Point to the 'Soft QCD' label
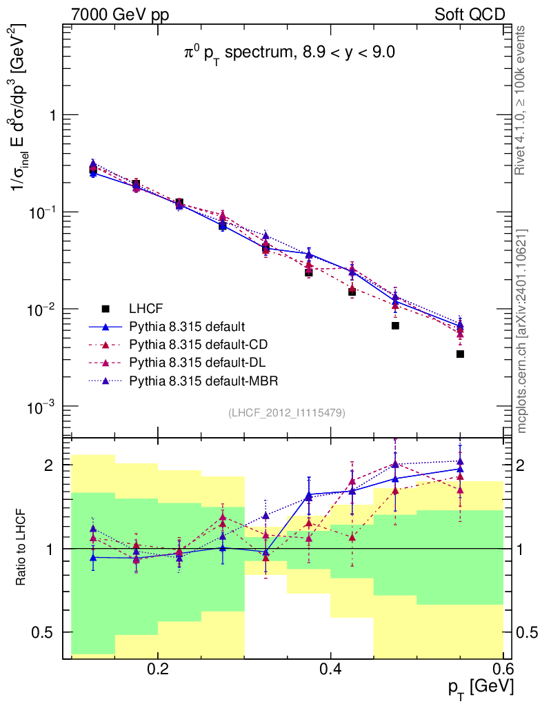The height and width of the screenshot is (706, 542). coord(470,14)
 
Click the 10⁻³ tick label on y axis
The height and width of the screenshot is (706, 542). coord(41,407)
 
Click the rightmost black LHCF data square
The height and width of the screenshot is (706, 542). coord(460,354)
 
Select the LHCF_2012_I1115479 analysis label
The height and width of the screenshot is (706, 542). coord(287,412)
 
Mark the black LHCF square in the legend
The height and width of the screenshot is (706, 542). coord(106,308)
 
